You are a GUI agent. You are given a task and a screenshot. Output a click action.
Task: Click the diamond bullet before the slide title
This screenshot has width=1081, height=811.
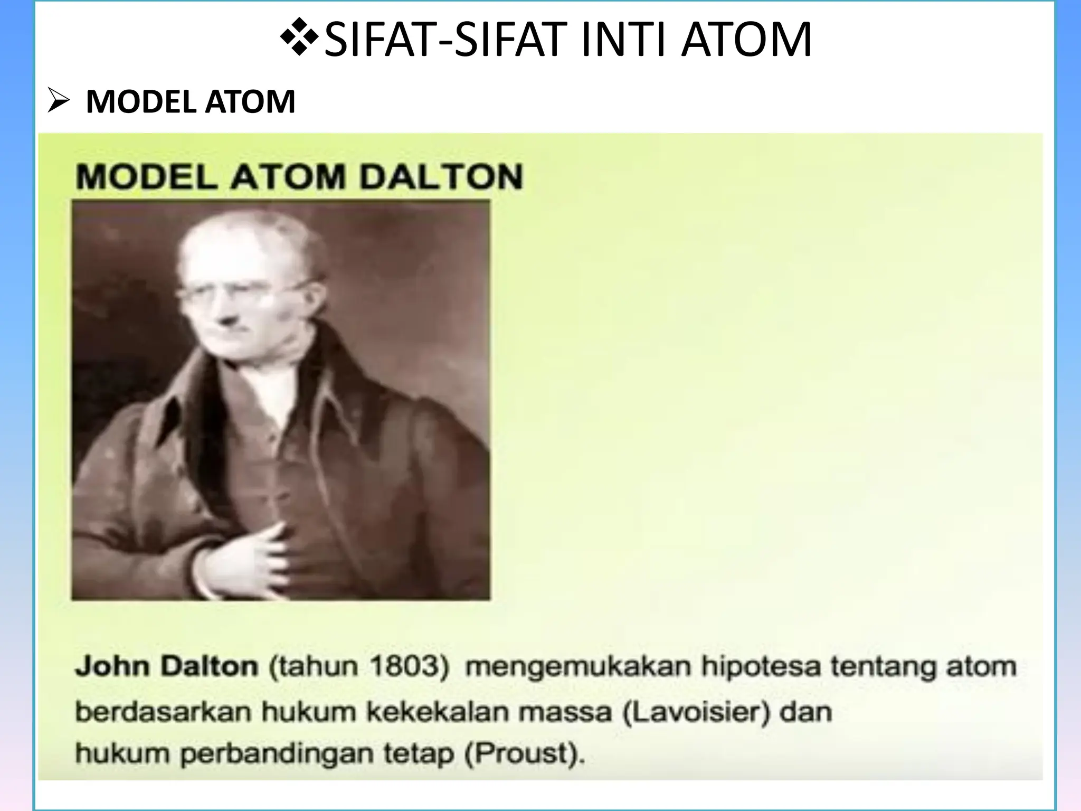pos(299,38)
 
